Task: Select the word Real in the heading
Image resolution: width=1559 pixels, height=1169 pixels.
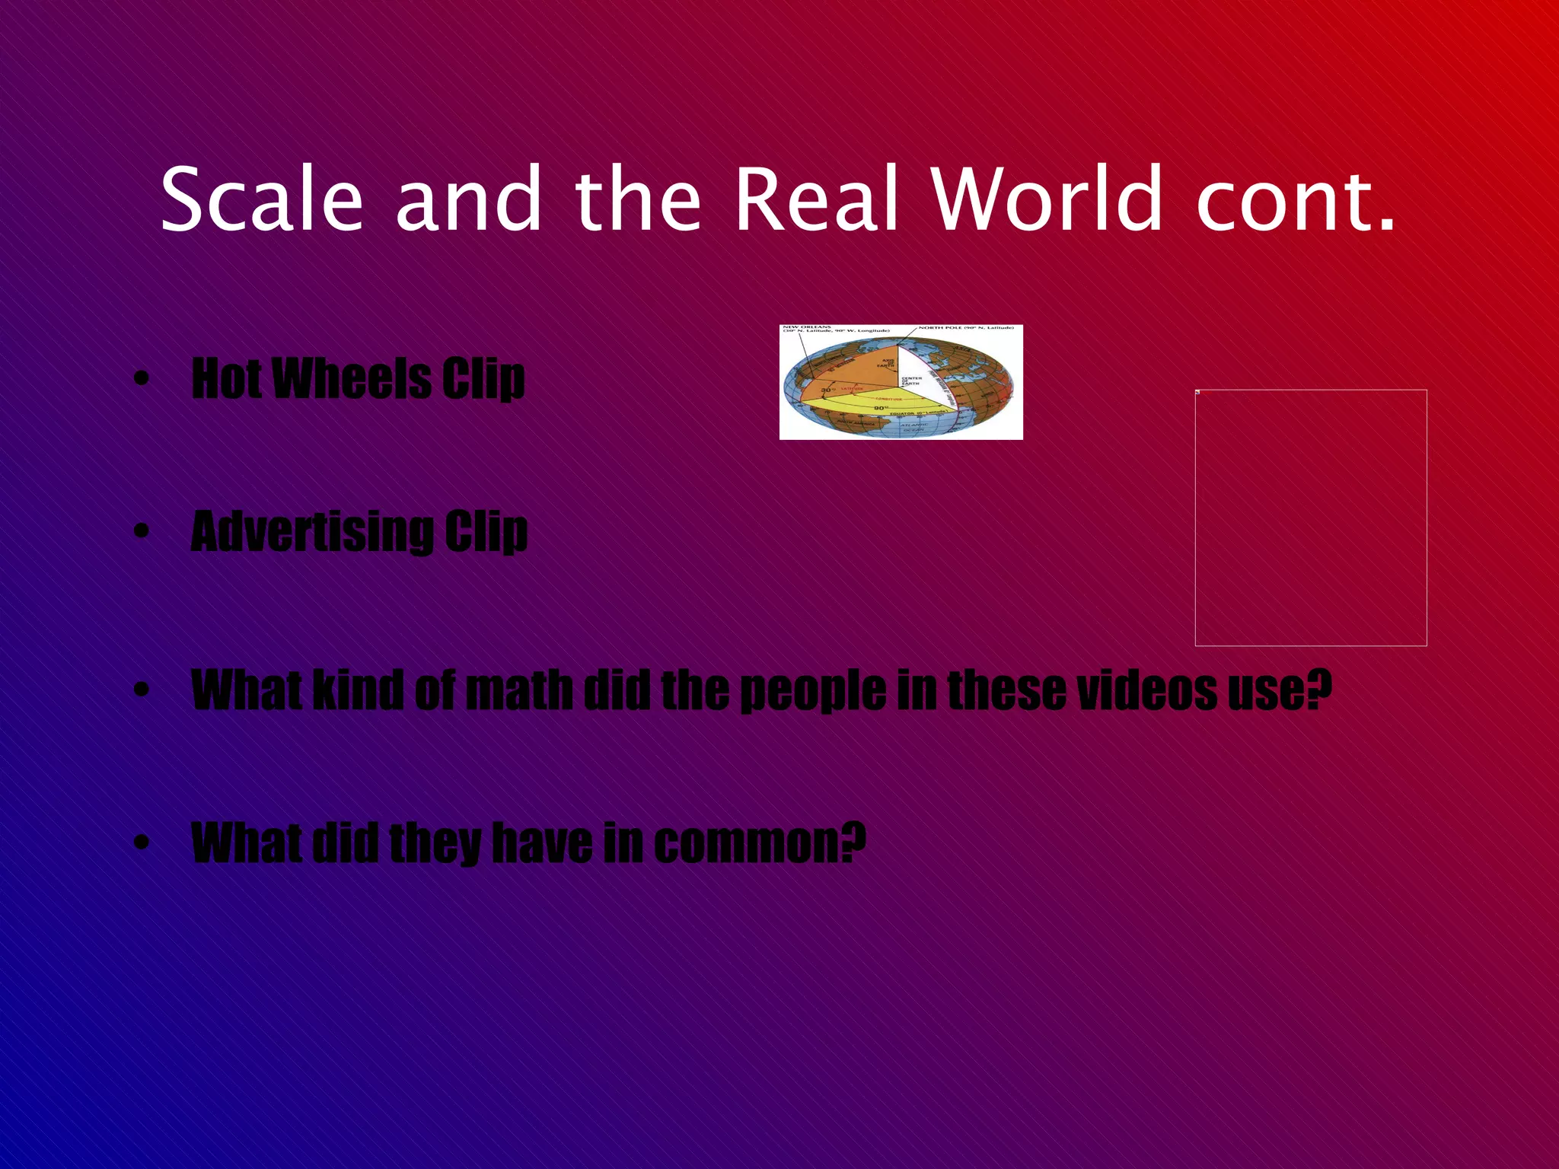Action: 817,199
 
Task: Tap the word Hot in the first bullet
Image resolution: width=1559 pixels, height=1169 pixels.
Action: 226,378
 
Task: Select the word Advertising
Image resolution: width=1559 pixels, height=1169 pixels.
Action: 311,532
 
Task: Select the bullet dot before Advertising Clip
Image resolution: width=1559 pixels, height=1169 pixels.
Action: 141,533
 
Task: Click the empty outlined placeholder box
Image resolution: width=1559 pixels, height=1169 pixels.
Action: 1310,518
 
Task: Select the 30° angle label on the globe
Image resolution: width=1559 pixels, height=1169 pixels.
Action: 827,390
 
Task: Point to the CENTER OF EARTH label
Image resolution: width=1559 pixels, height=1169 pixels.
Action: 912,381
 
